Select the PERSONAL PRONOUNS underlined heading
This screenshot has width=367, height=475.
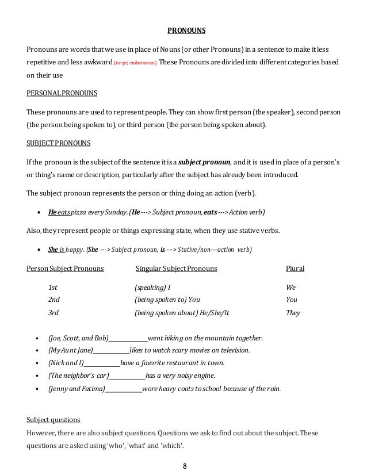pyautogui.click(x=62, y=92)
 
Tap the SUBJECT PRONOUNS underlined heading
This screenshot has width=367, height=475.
pyautogui.click(x=59, y=145)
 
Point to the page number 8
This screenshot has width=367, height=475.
pyautogui.click(x=183, y=466)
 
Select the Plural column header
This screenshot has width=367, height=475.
pyautogui.click(x=295, y=269)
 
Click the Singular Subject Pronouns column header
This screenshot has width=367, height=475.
pyautogui.click(x=175, y=269)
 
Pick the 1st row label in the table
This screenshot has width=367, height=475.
pyautogui.click(x=53, y=286)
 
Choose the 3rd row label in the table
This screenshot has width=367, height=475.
pyautogui.click(x=53, y=313)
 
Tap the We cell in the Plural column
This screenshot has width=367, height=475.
pyautogui.click(x=291, y=286)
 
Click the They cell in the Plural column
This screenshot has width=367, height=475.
pyautogui.click(x=293, y=313)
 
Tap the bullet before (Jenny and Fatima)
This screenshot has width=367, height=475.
pyautogui.click(x=37, y=389)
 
